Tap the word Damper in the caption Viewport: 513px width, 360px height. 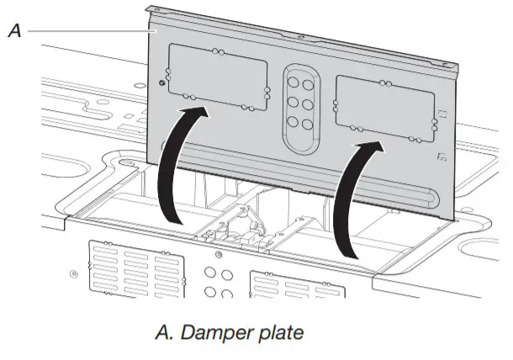point(214,332)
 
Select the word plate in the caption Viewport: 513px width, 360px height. point(279,332)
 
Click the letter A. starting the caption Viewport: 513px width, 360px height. point(163,332)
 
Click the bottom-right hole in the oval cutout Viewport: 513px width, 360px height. point(309,123)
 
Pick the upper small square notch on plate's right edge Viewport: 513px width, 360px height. point(441,114)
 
